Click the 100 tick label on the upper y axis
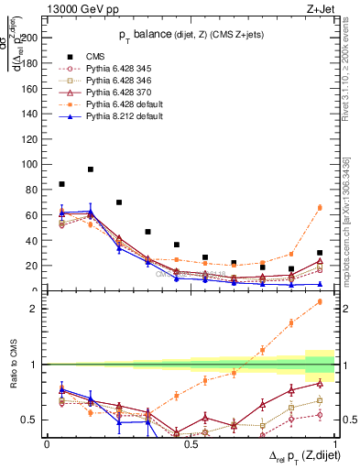31,165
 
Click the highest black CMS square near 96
91,169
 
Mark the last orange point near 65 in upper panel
320,208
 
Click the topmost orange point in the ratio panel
320,301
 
